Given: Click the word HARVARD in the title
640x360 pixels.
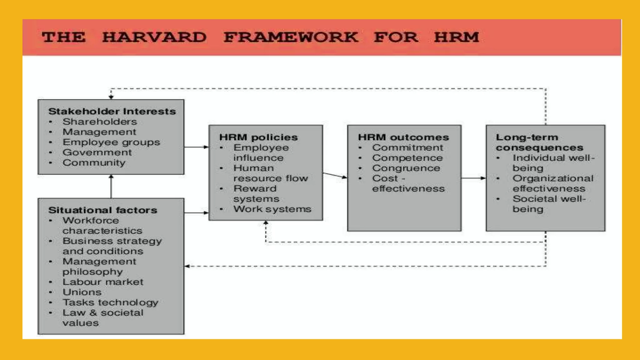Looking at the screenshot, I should [154, 37].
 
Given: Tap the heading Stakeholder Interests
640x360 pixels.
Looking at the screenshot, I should [112, 111].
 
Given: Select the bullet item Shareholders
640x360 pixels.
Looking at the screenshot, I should [100, 122].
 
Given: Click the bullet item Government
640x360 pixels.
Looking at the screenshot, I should [97, 152].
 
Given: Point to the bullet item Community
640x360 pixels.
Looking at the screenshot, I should [94, 162].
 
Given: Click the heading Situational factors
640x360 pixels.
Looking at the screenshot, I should [102, 210].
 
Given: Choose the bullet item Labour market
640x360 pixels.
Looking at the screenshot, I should [102, 282].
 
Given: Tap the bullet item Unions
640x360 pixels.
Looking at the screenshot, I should [82, 292].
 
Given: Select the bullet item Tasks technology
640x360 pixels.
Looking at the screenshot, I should [110, 302].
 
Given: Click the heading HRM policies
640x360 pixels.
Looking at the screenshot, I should [258, 137].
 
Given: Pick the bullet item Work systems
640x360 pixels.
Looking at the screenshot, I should [272, 209].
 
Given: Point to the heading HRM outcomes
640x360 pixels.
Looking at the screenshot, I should [403, 137].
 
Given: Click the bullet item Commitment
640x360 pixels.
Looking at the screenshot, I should [407, 147].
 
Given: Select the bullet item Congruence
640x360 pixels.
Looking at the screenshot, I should [406, 168].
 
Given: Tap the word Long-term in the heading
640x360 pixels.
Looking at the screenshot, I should [527, 137].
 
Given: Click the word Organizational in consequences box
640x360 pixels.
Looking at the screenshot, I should [552, 178].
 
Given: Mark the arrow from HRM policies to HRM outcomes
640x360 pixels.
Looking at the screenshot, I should [335, 175].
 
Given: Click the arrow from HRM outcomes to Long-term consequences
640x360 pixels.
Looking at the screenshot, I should [473, 178].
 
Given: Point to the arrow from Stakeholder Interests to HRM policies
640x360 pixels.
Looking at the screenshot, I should [196, 147].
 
